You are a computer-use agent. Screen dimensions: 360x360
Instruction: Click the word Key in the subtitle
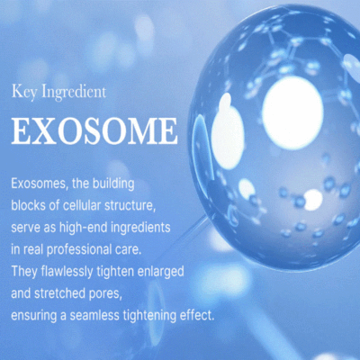pyautogui.click(x=24, y=92)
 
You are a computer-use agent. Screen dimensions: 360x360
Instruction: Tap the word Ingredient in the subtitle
pyautogui.click(x=74, y=93)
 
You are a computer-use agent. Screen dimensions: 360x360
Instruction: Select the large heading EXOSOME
pyautogui.click(x=94, y=131)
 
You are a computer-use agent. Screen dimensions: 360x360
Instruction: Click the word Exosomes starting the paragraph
pyautogui.click(x=39, y=184)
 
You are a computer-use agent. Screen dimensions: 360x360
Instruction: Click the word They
pyautogui.click(x=24, y=272)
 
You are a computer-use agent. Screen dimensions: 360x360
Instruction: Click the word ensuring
pyautogui.click(x=34, y=316)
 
